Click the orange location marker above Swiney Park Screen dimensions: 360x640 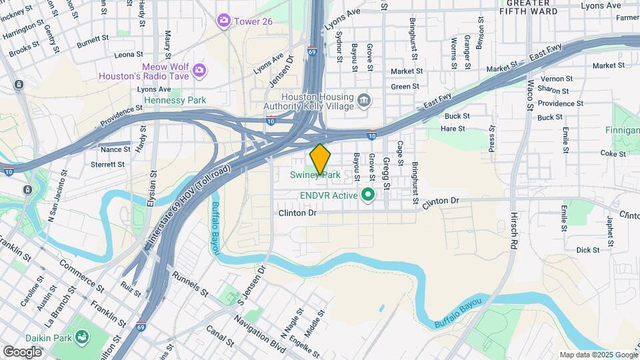click(x=321, y=158)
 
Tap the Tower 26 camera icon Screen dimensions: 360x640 click(x=223, y=21)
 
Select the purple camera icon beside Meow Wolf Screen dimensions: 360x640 click(x=199, y=69)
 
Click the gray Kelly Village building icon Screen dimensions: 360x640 click(x=364, y=101)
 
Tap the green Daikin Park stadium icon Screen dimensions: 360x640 click(x=82, y=338)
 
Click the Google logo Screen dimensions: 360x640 click(x=22, y=351)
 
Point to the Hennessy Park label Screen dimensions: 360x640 click(x=175, y=100)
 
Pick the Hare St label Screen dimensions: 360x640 click(x=453, y=127)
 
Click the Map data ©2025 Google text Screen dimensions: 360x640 click(x=597, y=355)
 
